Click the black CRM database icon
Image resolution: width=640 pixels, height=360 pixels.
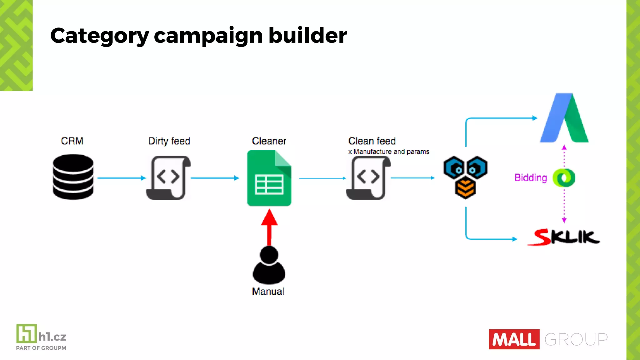(73, 177)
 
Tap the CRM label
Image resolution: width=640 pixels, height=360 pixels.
(72, 141)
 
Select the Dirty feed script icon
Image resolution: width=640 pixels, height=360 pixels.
(168, 178)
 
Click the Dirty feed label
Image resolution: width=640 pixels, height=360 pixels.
(169, 141)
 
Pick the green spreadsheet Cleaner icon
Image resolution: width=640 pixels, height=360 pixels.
(269, 178)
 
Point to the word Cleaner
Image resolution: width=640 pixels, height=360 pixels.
(269, 141)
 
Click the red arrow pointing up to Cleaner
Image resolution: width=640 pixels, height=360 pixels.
(269, 227)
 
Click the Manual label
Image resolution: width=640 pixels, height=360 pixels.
(268, 291)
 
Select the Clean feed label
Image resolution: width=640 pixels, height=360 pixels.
(372, 141)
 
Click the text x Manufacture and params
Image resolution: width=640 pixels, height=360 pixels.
(389, 152)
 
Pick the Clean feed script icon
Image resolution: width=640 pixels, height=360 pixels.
(368, 178)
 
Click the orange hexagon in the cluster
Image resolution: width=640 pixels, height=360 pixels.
(465, 188)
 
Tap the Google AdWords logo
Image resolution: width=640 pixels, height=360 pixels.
(564, 119)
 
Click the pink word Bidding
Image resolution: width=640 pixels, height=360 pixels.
(531, 178)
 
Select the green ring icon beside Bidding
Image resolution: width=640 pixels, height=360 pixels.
(564, 178)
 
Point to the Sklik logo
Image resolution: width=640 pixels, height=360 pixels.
(564, 237)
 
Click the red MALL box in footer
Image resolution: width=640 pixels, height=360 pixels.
(514, 339)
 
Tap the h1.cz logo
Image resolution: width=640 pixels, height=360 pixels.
(41, 337)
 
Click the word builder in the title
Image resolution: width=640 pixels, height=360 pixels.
(307, 35)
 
